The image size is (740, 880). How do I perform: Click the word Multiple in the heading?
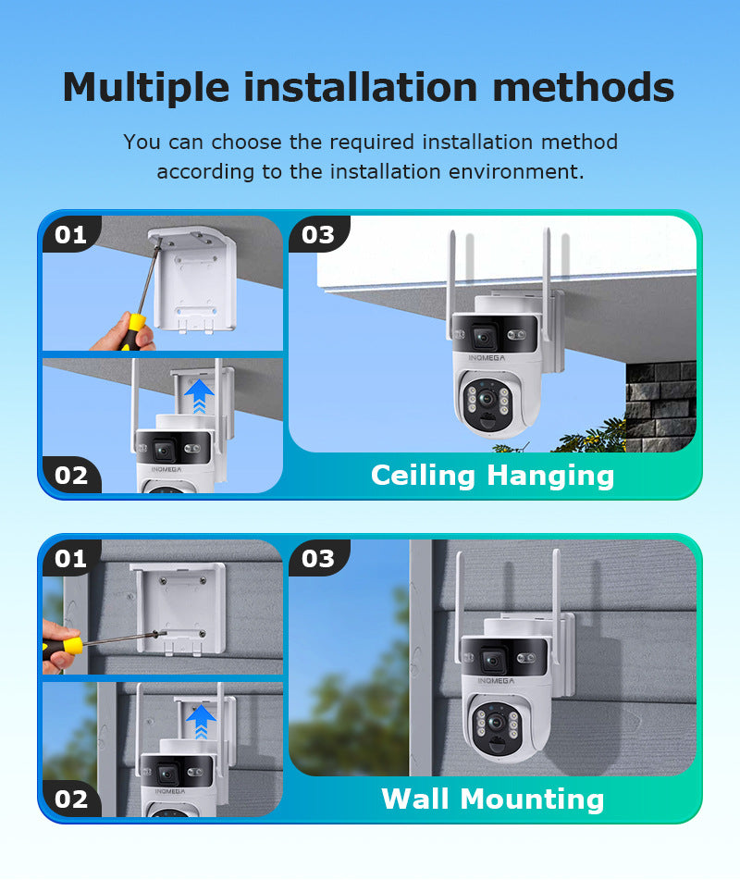click(146, 88)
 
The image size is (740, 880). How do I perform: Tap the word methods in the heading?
click(584, 87)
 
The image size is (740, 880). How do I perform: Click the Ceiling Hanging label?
click(493, 476)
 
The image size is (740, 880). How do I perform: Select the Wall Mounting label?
click(493, 799)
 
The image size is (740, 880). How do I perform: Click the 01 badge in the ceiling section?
click(70, 235)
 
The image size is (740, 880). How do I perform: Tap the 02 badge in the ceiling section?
click(71, 476)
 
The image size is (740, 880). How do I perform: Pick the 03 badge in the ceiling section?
click(318, 235)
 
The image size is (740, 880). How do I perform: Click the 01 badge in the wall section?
click(70, 558)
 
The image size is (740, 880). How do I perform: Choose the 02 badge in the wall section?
click(71, 799)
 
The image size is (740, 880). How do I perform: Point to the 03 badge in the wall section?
click(318, 558)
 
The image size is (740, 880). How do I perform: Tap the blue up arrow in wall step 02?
click(201, 721)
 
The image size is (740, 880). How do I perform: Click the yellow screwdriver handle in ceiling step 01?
click(132, 332)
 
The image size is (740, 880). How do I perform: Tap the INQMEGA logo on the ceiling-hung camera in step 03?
click(487, 357)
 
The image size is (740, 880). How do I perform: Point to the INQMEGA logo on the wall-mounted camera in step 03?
click(496, 681)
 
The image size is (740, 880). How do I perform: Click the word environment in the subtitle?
click(512, 172)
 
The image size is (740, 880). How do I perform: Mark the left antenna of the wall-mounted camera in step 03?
click(459, 606)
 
